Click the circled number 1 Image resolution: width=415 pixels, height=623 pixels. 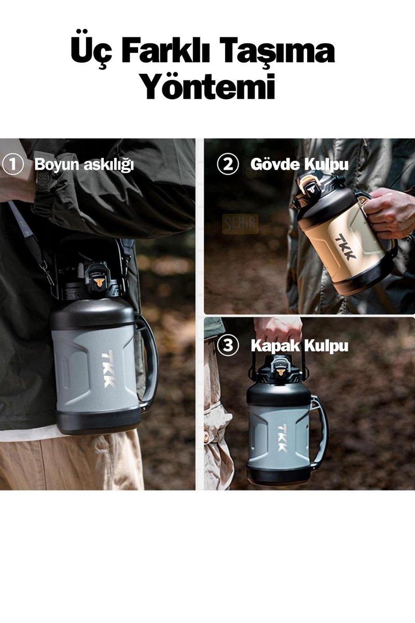click(12, 165)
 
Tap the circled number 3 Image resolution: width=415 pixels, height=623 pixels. click(228, 346)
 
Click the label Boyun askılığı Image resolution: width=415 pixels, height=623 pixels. click(84, 165)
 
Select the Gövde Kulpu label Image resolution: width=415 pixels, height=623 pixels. click(299, 165)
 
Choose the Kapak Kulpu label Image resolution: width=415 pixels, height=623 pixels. click(299, 346)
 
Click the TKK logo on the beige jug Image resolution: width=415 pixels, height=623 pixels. click(345, 247)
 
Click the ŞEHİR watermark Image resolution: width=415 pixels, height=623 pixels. click(240, 224)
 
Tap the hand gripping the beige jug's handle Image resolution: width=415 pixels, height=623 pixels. click(391, 213)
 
